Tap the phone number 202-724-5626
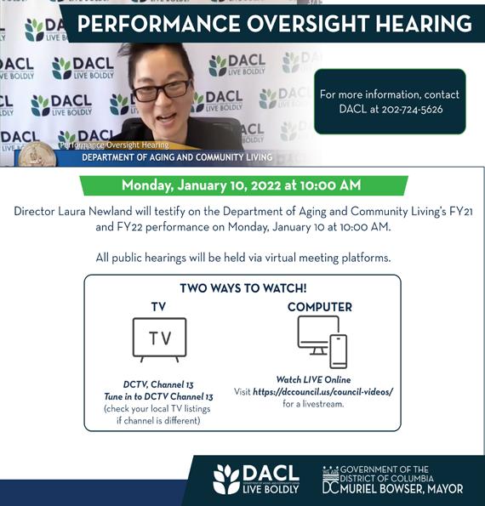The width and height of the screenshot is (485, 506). pos(412,110)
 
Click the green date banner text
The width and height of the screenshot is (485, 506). pos(241,185)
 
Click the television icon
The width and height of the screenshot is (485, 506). pos(159,339)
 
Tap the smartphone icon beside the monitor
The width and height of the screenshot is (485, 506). pos(338,351)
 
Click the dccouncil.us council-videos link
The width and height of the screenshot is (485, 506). pos(322,392)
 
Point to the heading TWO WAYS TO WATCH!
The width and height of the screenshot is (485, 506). pos(243,287)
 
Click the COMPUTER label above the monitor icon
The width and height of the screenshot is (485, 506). pos(320,307)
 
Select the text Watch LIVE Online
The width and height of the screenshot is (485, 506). pos(313,379)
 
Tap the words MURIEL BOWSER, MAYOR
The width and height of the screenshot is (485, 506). pos(402,489)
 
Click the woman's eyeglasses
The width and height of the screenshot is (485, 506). pos(162,89)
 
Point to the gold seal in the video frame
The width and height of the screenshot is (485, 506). pos(37,155)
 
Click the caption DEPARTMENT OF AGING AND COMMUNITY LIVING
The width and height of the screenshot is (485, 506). pos(177,157)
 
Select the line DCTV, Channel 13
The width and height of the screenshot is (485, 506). pos(158,384)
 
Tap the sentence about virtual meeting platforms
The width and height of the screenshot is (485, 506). pos(243,258)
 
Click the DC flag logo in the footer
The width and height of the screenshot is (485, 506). pos(331,480)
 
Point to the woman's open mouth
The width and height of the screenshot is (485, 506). pos(165,117)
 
